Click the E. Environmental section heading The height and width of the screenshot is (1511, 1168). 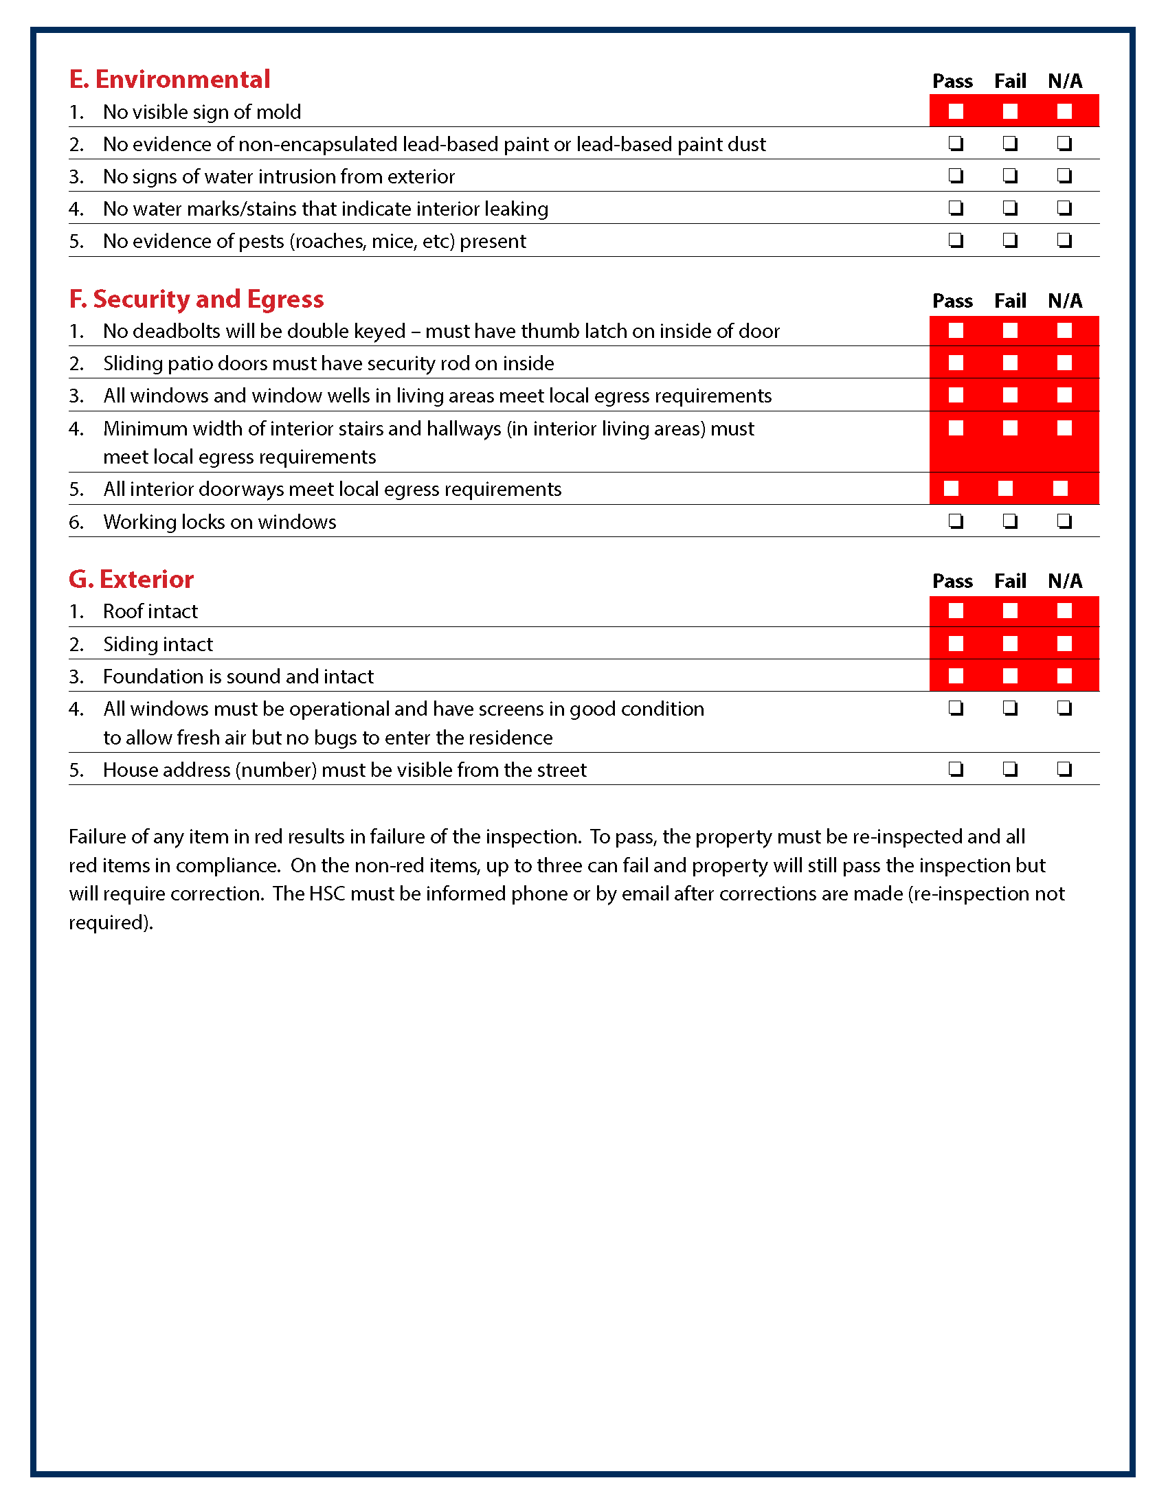169,80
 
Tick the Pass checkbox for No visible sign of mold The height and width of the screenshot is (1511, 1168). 956,111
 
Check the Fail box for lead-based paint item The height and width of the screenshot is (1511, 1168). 1009,144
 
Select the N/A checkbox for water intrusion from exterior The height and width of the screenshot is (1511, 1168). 1064,176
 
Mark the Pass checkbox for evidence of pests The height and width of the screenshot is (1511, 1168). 956,240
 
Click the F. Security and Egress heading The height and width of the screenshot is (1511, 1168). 196,299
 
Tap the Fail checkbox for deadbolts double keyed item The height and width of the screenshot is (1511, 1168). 1009,331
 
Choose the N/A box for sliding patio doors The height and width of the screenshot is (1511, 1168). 1064,363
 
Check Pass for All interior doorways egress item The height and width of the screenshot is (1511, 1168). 952,489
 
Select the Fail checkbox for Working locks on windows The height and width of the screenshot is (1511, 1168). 1009,521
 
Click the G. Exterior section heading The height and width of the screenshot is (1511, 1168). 131,579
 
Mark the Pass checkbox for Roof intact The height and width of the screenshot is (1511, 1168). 956,611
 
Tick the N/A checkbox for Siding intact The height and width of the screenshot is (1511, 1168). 1064,644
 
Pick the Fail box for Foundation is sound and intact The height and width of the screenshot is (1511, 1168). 1009,676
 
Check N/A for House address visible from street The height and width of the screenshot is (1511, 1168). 1064,769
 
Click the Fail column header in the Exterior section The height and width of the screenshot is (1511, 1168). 1009,581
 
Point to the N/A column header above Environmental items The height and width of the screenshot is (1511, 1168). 1064,81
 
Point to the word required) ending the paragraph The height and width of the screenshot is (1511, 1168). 111,923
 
